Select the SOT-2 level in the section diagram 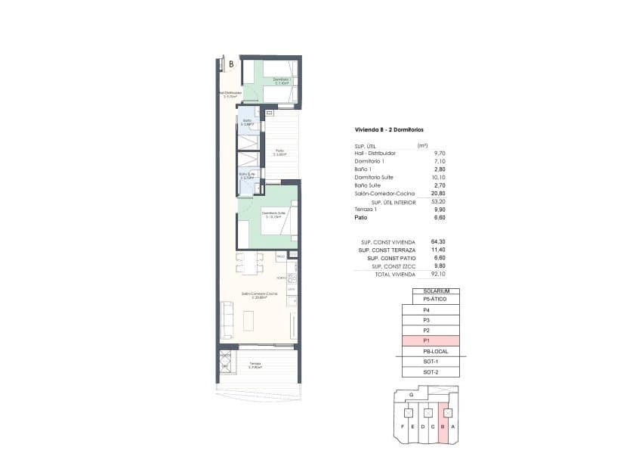(x=430, y=372)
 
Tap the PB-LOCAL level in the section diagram (x=430, y=352)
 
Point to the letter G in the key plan (x=410, y=395)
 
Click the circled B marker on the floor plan (x=231, y=64)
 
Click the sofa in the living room (x=225, y=316)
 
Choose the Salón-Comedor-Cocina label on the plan (x=259, y=294)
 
